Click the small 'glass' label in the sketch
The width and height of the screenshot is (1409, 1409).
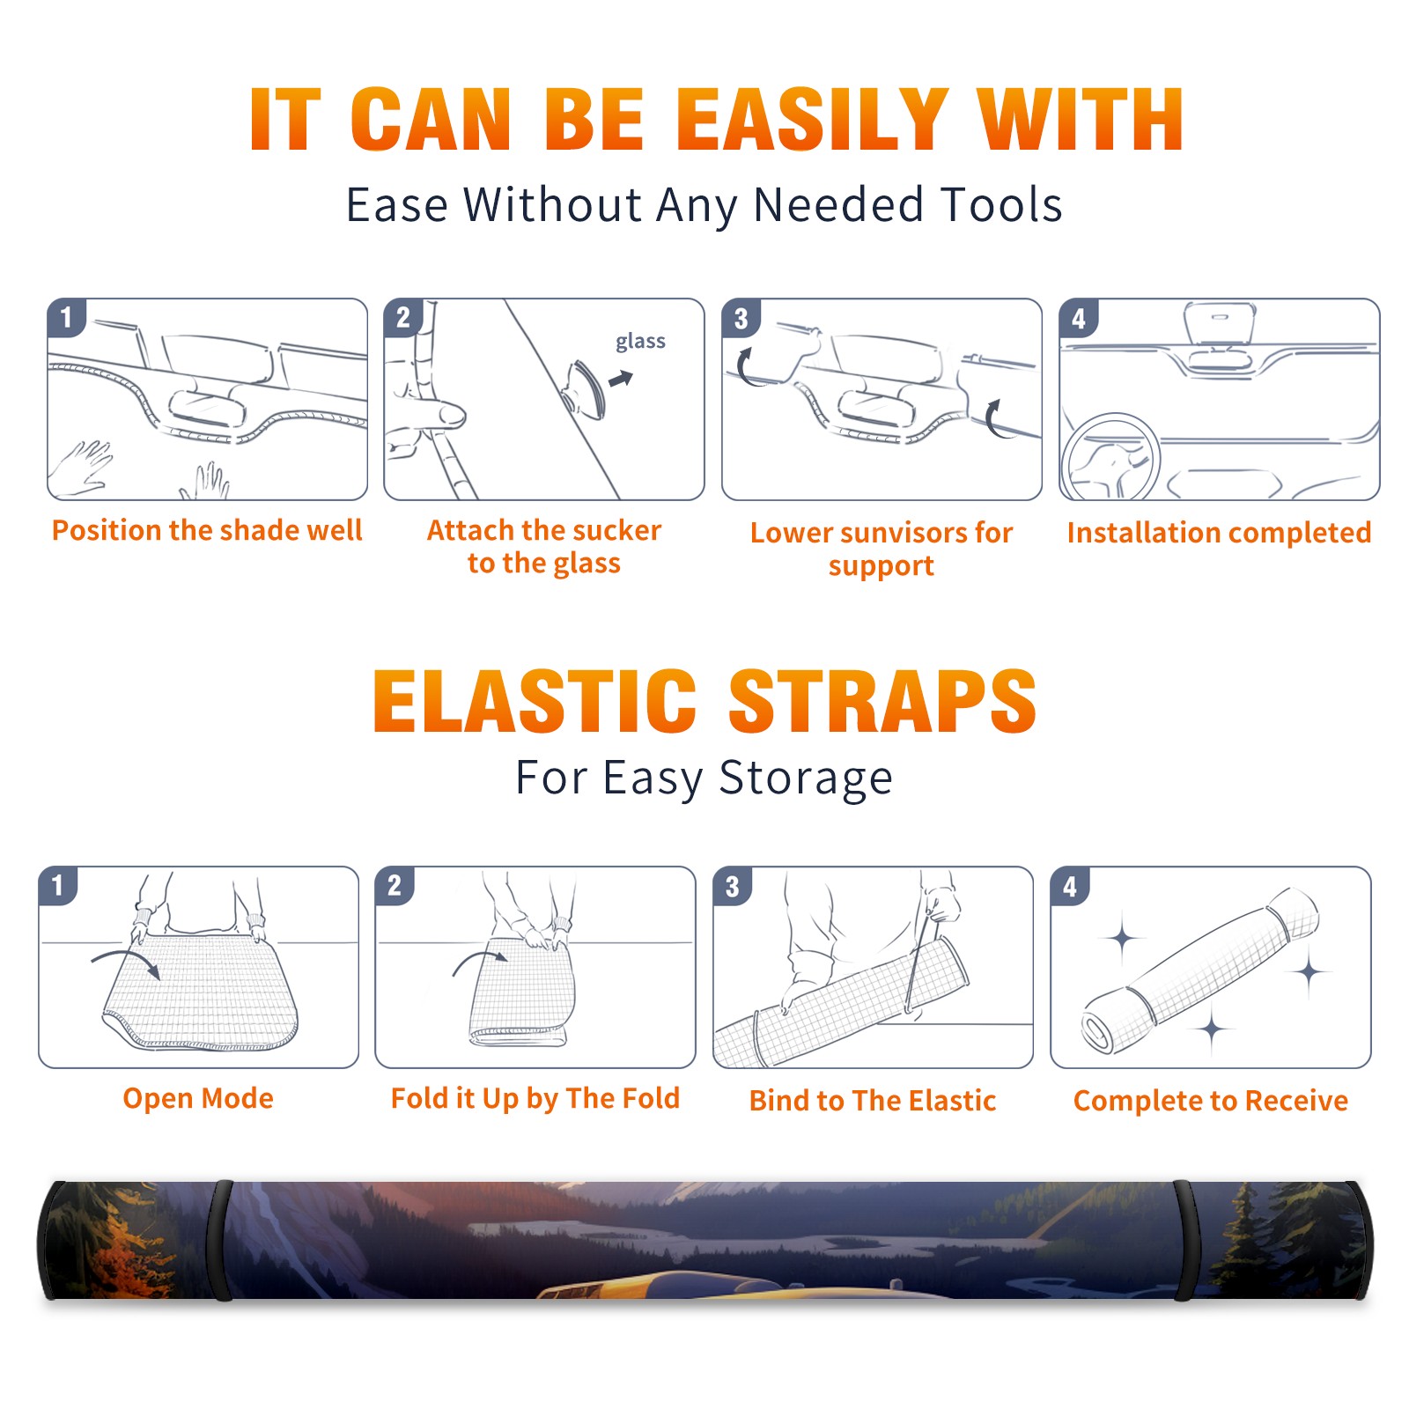(640, 342)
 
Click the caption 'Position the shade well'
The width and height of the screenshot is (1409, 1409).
(207, 530)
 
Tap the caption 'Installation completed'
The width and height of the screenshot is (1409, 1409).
(1219, 533)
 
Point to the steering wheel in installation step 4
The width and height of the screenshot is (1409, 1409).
(1110, 457)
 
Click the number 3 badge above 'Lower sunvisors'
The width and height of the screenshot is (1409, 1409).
(741, 318)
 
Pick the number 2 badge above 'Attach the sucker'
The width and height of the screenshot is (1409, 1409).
(403, 318)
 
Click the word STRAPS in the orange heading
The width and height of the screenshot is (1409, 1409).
(882, 701)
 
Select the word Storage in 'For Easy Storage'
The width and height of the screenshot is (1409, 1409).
(806, 778)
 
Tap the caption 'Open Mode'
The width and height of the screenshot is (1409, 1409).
(198, 1098)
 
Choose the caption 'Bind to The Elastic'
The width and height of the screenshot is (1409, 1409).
(872, 1101)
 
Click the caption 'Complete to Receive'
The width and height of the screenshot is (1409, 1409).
(1210, 1101)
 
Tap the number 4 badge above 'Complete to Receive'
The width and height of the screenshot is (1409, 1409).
(1070, 886)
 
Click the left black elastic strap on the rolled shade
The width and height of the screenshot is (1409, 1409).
(221, 1240)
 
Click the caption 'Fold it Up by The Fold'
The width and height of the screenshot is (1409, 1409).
(535, 1099)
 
